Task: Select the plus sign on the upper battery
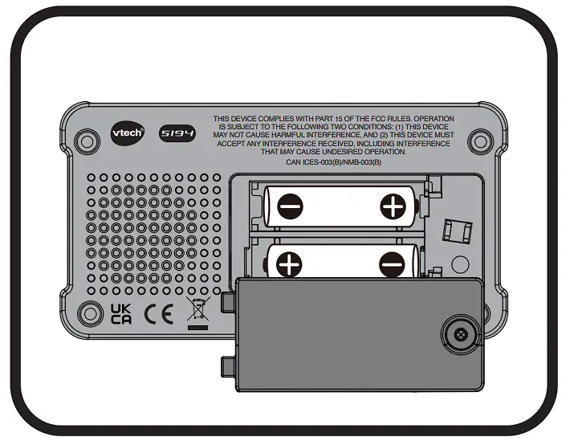point(393,207)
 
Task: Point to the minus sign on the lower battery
point(393,262)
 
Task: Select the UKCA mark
point(120,313)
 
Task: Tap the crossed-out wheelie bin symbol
point(195,312)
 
